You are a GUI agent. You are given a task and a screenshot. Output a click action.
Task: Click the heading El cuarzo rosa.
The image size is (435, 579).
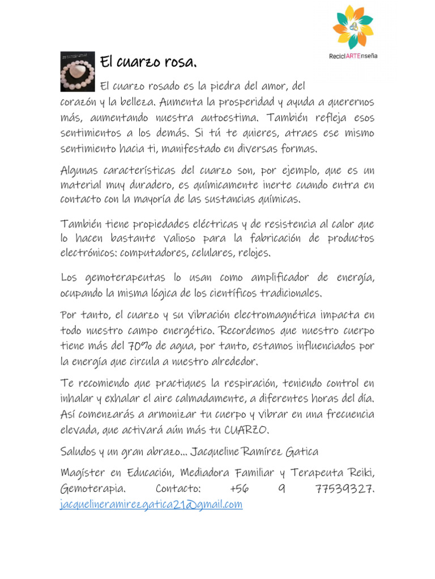148,61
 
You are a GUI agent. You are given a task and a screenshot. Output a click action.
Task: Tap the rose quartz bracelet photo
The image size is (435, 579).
77,71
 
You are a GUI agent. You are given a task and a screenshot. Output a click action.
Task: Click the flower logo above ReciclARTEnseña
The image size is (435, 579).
353,27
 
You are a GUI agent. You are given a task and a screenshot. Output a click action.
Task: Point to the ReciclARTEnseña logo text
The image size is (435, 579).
353,56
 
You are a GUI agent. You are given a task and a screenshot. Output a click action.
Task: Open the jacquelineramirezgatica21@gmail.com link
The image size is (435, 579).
151,504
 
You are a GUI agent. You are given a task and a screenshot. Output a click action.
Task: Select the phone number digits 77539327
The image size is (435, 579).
344,489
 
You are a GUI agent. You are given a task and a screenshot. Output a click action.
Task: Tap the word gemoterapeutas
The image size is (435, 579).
116,278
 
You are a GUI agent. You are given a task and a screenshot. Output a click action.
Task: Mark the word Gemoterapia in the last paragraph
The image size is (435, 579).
93,489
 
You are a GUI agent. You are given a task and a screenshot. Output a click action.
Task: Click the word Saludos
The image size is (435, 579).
78,452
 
